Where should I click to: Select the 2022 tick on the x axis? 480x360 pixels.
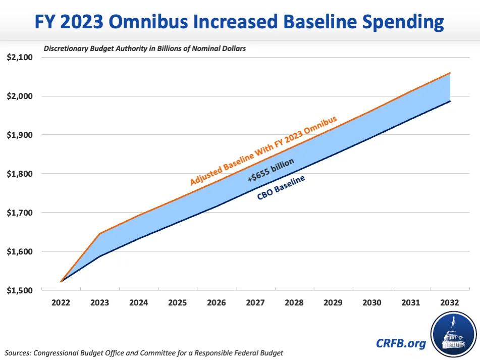pos(61,303)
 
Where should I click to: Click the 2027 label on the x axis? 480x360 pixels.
pos(255,303)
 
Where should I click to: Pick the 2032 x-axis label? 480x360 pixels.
pos(449,303)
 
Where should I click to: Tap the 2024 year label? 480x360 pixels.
pos(138,303)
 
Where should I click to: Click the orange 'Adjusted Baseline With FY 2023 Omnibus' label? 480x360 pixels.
pos(263,149)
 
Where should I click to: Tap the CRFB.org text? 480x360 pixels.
pos(401,343)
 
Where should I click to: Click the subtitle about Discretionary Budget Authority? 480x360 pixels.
pos(145,49)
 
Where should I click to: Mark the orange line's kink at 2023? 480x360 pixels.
pos(99,234)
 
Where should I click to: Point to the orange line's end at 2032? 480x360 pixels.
pos(450,73)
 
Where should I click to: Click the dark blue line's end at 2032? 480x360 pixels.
pos(450,101)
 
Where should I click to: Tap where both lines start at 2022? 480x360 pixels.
pos(61,282)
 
